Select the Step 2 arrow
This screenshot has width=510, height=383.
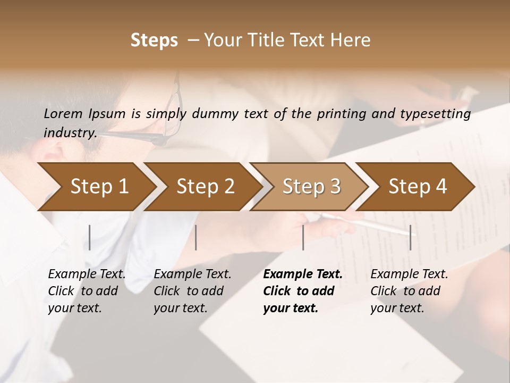pos(205,187)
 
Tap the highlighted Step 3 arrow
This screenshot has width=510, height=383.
pos(311,187)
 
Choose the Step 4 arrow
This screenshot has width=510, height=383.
pos(418,187)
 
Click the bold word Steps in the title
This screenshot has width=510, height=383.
pos(154,40)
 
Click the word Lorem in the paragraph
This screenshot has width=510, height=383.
pos(64,113)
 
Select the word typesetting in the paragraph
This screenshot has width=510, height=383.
pos(440,113)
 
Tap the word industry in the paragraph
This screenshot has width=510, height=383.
pos(70,132)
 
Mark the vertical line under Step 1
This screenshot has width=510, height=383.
pos(90,237)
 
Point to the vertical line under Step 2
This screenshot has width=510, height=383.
pos(196,237)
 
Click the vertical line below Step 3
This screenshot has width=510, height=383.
pos(303,237)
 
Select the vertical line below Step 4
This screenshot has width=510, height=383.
pos(410,237)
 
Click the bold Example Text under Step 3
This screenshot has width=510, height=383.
pos(303,274)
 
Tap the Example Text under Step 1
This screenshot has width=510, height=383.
pos(87,274)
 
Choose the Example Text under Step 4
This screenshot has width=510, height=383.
pos(409,274)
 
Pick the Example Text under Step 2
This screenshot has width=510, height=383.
pos(192,274)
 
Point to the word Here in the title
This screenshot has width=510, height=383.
pos(353,40)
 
